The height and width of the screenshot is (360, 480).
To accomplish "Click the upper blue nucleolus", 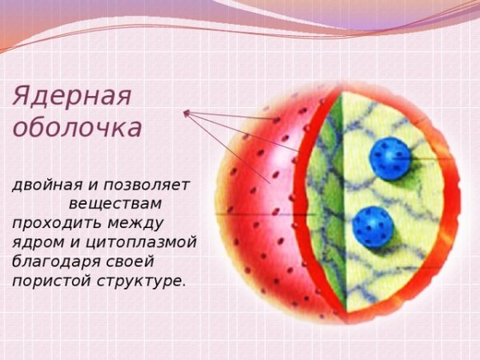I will [390, 157].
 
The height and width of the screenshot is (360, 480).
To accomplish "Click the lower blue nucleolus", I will [372, 226].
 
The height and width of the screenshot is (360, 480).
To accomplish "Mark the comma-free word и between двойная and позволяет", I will [86, 186].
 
